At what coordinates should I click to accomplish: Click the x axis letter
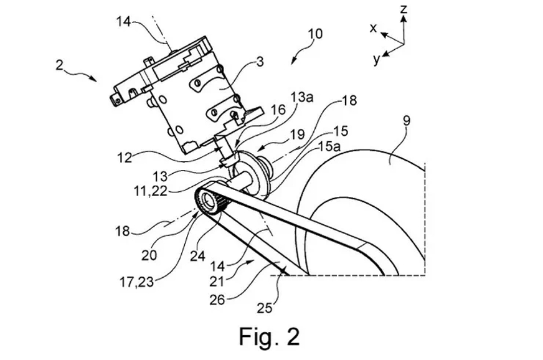[374, 28]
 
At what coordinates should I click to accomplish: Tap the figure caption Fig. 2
[269, 336]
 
